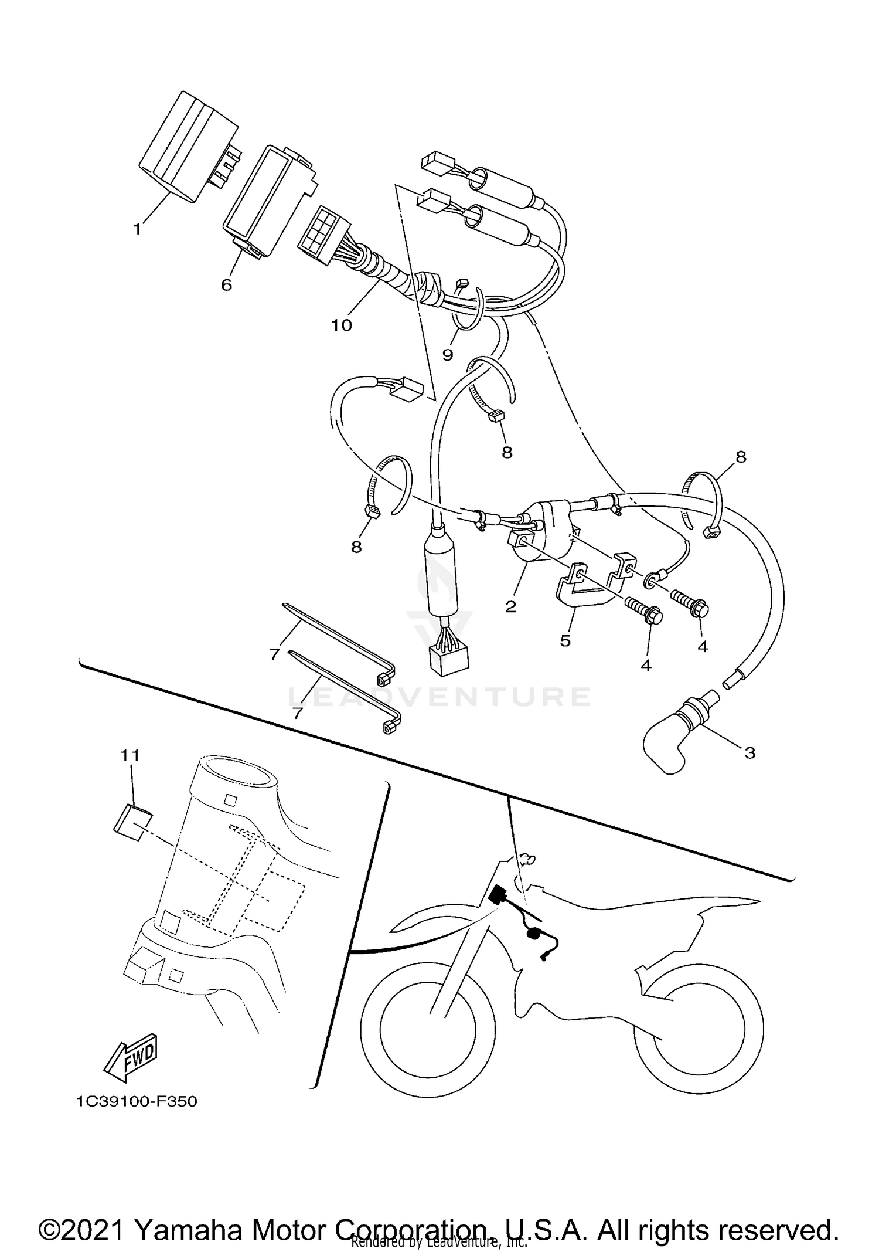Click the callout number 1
point(137,229)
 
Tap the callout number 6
point(226,285)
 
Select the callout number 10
point(342,325)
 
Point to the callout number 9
point(448,355)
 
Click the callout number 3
point(750,752)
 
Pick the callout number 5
point(565,640)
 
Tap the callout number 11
point(130,756)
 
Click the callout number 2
point(510,606)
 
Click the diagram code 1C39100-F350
point(137,1101)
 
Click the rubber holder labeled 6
point(267,199)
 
